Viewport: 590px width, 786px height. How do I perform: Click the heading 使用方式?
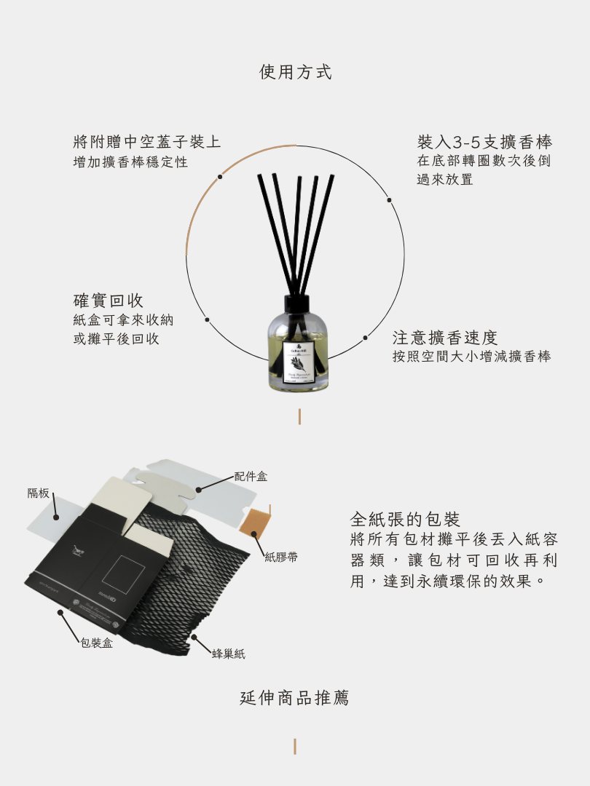pyautogui.click(x=295, y=72)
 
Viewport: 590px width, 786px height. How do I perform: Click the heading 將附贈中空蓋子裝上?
pyautogui.click(x=147, y=141)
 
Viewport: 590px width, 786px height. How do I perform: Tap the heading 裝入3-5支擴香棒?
pyautogui.click(x=484, y=141)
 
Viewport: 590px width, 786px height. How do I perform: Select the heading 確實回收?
pyautogui.click(x=109, y=301)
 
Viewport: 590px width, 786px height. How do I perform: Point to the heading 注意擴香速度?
pyautogui.click(x=445, y=338)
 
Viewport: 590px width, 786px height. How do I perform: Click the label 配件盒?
pyautogui.click(x=251, y=477)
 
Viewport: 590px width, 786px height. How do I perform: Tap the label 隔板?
pyautogui.click(x=39, y=493)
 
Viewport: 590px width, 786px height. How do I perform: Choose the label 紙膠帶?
pyautogui.click(x=280, y=557)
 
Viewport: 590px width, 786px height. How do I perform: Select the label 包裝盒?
pyautogui.click(x=96, y=643)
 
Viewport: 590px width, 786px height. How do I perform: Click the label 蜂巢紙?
pyautogui.click(x=228, y=654)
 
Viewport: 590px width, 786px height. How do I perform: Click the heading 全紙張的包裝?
pyautogui.click(x=405, y=520)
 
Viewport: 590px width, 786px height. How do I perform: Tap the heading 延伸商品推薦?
pyautogui.click(x=295, y=698)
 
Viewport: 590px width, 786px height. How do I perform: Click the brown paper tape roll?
pyautogui.click(x=256, y=522)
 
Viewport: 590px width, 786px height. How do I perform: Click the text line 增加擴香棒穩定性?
pyautogui.click(x=130, y=162)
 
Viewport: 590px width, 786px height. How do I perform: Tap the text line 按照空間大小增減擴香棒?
pyautogui.click(x=471, y=357)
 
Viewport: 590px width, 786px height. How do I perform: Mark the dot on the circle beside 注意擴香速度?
pyautogui.click(x=365, y=338)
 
